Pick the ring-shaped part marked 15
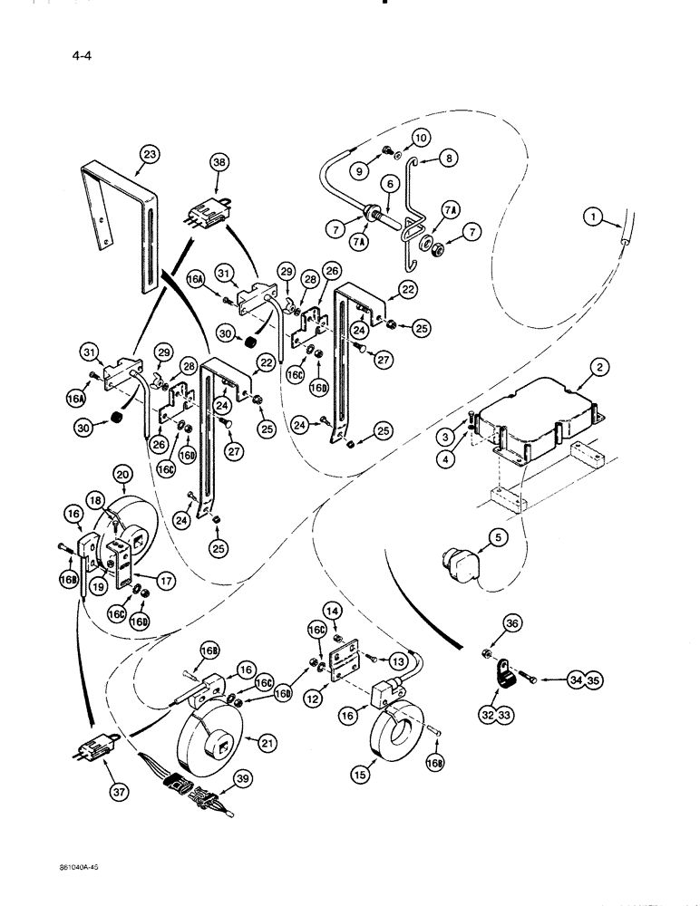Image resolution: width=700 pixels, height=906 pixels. pos(401,735)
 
